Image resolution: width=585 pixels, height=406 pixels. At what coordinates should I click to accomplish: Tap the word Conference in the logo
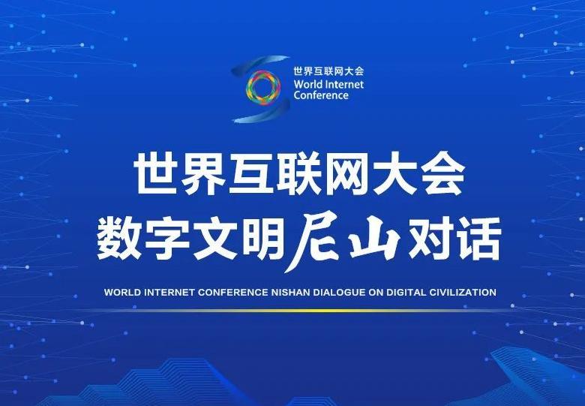[x=321, y=95]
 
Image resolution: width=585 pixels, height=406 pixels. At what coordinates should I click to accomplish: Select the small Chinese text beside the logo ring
[x=328, y=71]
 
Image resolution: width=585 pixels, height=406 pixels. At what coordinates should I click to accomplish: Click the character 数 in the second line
[x=119, y=239]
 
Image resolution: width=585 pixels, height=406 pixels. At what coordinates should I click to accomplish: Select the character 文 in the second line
[x=216, y=239]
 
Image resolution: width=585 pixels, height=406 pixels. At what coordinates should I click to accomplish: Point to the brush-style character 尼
[x=314, y=242]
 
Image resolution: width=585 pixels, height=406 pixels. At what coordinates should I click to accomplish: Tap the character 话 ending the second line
[x=478, y=239]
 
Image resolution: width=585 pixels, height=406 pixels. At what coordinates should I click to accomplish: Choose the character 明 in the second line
[x=262, y=239]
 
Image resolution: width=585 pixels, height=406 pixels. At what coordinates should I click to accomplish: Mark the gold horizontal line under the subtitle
[x=298, y=311]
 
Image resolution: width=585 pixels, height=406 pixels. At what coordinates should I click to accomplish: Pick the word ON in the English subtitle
[x=376, y=292]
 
